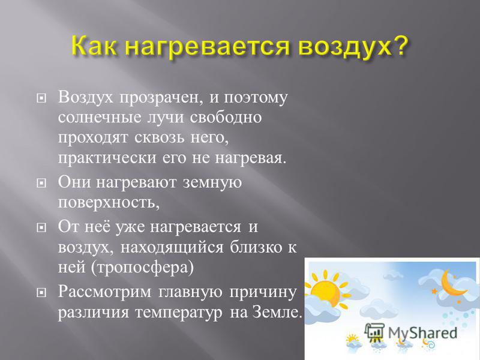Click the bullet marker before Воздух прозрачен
(41, 98)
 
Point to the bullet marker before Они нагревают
(41, 183)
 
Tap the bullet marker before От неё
(41, 227)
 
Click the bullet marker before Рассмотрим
(41, 292)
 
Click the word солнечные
(100, 118)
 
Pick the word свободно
(226, 117)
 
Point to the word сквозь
(159, 138)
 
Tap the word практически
(107, 159)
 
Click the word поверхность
(109, 203)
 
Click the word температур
(179, 313)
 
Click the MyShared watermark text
(422, 333)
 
